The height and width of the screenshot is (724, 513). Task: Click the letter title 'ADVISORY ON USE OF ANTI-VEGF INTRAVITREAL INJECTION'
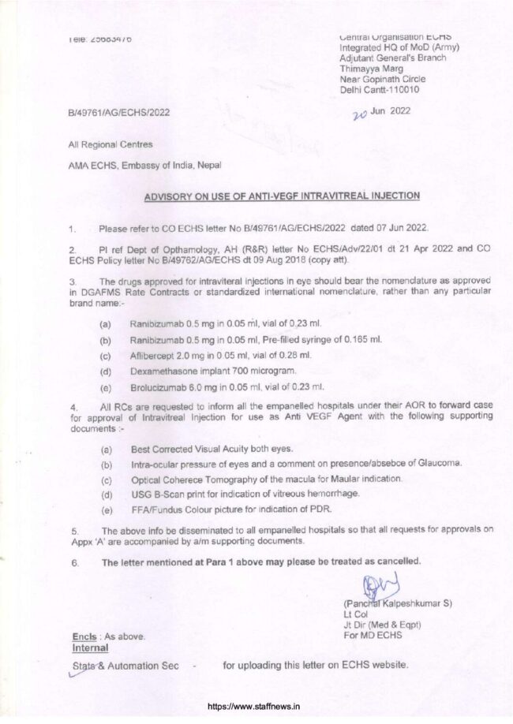click(x=282, y=196)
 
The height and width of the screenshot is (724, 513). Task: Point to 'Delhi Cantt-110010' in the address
click(x=379, y=90)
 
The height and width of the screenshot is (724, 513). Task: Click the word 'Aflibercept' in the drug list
click(x=154, y=355)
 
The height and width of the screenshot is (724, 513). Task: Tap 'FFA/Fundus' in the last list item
click(x=156, y=509)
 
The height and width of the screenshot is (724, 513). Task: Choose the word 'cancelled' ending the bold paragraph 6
click(x=395, y=562)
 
